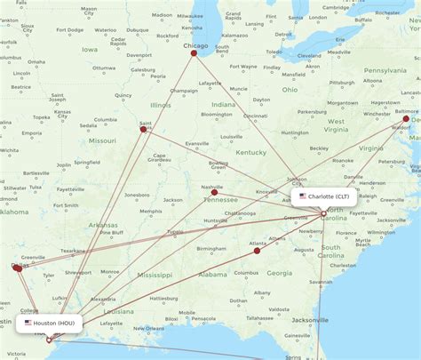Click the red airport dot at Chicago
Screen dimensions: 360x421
pyautogui.click(x=194, y=52)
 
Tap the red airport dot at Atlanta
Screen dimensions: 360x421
pyautogui.click(x=257, y=251)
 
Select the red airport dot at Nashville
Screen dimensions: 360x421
pyautogui.click(x=214, y=193)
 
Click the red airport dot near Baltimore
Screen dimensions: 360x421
pyautogui.click(x=407, y=118)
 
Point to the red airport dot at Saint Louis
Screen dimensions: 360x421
pyautogui.click(x=143, y=129)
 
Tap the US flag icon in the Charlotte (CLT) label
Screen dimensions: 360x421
pyautogui.click(x=303, y=196)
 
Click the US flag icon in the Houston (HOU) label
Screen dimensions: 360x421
pyautogui.click(x=28, y=323)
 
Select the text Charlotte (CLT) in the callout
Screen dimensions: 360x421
pyautogui.click(x=330, y=196)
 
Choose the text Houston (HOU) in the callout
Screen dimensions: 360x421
pyautogui.click(x=54, y=323)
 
